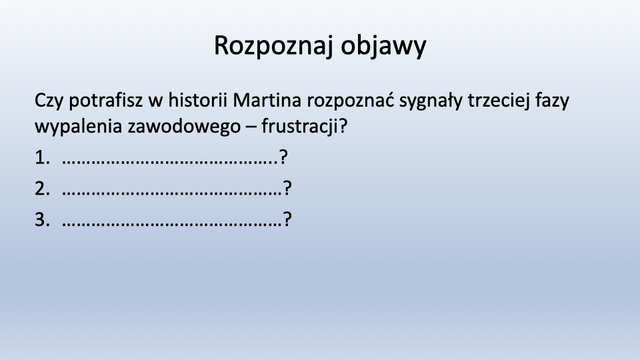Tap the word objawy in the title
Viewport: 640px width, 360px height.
(384, 46)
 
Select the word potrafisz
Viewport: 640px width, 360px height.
(106, 101)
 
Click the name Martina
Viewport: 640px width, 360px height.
(267, 100)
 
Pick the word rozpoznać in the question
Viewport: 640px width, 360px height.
(351, 100)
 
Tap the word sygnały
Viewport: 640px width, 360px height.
(431, 101)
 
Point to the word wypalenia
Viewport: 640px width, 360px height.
(79, 127)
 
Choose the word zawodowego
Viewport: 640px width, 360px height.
(184, 127)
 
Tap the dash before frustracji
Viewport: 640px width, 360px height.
(251, 127)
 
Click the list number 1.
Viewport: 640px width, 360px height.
(42, 157)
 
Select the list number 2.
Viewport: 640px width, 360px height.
(42, 189)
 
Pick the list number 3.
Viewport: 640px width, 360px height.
(42, 219)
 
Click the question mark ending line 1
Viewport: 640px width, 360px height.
(283, 157)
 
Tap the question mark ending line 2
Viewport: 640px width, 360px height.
(287, 188)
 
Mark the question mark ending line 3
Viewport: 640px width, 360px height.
(287, 219)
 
